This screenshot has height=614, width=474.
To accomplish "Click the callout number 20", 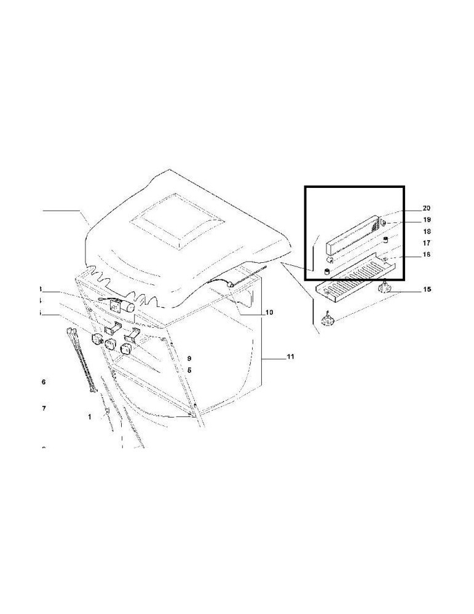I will point(427,208).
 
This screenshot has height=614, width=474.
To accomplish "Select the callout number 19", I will point(427,219).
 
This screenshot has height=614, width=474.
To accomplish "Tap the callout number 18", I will point(427,231).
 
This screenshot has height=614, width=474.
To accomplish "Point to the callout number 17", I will point(427,243).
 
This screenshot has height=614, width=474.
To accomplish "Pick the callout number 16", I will point(427,254).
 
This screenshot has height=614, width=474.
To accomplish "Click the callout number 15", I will point(427,289).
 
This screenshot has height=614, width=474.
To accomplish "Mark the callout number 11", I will point(291,356).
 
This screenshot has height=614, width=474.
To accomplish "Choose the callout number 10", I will point(269,313).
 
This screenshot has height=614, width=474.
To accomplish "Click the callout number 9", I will point(190,358).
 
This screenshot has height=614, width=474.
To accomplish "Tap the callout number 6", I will point(43,382).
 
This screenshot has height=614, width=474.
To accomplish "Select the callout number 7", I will point(43,408).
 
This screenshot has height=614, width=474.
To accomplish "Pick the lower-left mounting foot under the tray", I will point(329,319).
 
